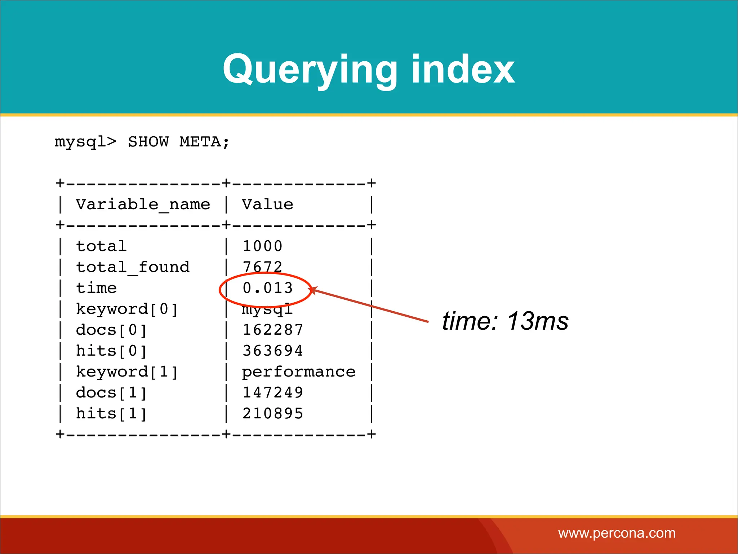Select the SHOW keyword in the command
pyautogui.click(x=148, y=142)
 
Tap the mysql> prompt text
pyautogui.click(x=85, y=142)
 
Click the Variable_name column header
pyautogui.click(x=143, y=205)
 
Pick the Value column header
pyautogui.click(x=267, y=205)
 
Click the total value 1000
pyautogui.click(x=262, y=246)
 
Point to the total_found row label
pyautogui.click(x=133, y=267)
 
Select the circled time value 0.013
pyautogui.click(x=267, y=288)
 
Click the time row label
pyautogui.click(x=96, y=288)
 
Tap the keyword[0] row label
pyautogui.click(x=127, y=309)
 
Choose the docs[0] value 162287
pyautogui.click(x=273, y=330)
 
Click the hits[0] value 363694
pyautogui.click(x=273, y=351)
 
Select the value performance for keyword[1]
pyautogui.click(x=298, y=372)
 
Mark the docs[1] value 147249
pyautogui.click(x=273, y=393)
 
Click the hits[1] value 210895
pyautogui.click(x=273, y=414)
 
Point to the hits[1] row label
pyautogui.click(x=112, y=414)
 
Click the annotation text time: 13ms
pyautogui.click(x=505, y=321)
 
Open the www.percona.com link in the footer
pyautogui.click(x=617, y=533)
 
